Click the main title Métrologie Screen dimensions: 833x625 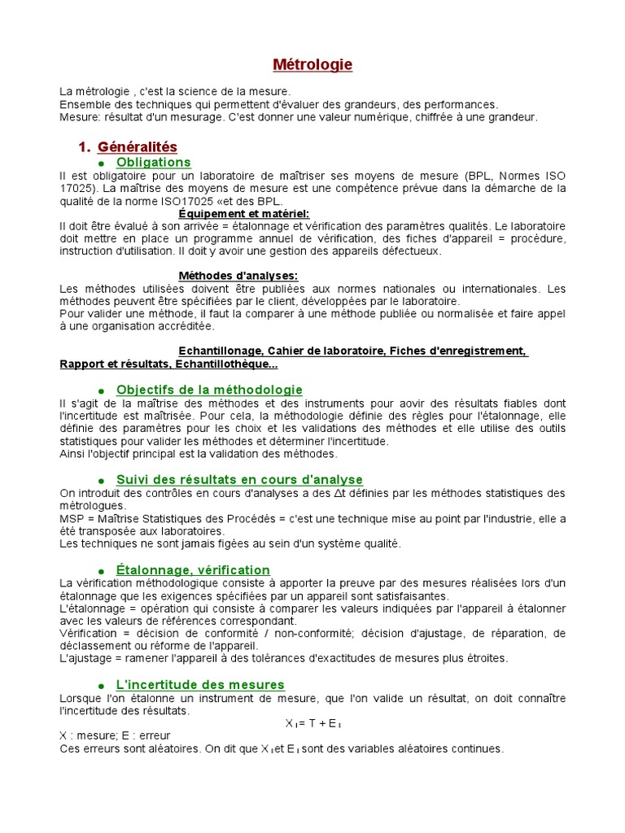[x=312, y=65]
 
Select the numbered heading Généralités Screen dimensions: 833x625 [x=137, y=146]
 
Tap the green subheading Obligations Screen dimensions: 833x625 [x=153, y=162]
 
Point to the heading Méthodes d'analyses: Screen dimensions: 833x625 [x=238, y=276]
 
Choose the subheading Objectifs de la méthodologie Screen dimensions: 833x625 [x=209, y=390]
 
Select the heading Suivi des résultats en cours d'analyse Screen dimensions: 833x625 [x=239, y=480]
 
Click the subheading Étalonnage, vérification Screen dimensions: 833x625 [x=193, y=570]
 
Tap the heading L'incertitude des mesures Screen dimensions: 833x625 [x=200, y=685]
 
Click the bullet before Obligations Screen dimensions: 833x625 [x=102, y=164]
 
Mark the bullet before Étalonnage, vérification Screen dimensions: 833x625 [x=102, y=571]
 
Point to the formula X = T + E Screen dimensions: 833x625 [x=312, y=723]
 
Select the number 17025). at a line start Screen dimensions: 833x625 [x=79, y=189]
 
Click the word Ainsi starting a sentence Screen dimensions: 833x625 [x=73, y=453]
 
